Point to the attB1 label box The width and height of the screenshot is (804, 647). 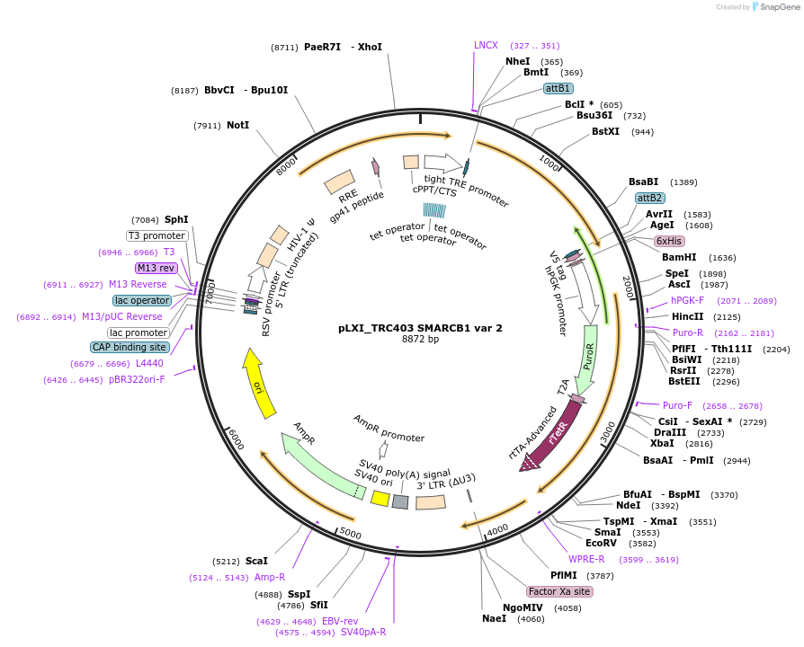tap(558, 88)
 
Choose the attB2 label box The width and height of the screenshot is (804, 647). tap(649, 198)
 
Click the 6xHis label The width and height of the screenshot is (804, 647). tap(670, 241)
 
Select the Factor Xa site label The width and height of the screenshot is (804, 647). tap(559, 591)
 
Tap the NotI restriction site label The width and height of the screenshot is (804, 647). tap(237, 126)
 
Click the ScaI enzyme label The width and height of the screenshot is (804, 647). tap(256, 560)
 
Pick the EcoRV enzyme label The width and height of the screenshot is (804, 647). tap(601, 543)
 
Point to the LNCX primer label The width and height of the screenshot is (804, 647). tap(486, 45)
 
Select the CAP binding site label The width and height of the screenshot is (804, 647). tap(130, 347)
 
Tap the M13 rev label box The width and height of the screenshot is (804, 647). tap(156, 268)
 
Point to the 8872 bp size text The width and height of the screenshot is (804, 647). tap(420, 340)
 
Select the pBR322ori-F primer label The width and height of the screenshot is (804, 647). tap(138, 380)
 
